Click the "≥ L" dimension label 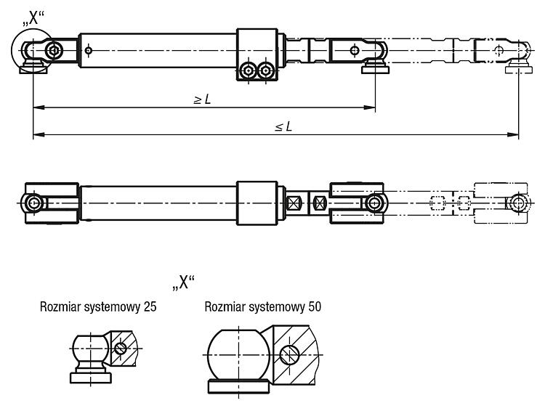(x=202, y=99)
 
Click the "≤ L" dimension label (x=283, y=126)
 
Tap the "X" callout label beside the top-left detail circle (x=33, y=18)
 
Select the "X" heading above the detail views (x=184, y=282)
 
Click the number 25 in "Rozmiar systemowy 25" (x=150, y=306)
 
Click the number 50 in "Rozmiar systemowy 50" (x=315, y=306)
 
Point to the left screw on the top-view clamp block (x=249, y=71)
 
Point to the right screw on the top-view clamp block (x=266, y=71)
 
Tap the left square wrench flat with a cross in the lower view (x=294, y=203)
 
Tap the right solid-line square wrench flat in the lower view (x=319, y=203)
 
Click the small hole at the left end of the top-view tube (x=89, y=51)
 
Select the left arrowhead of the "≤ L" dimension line (x=39, y=134)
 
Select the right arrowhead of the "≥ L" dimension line (x=370, y=107)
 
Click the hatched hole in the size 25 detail (x=120, y=348)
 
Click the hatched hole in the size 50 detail (x=289, y=355)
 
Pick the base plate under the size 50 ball (x=239, y=387)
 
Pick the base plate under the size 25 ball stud (x=91, y=378)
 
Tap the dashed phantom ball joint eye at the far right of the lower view (x=519, y=203)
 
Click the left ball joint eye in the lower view (x=33, y=203)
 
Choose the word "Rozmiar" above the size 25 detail (x=61, y=306)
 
